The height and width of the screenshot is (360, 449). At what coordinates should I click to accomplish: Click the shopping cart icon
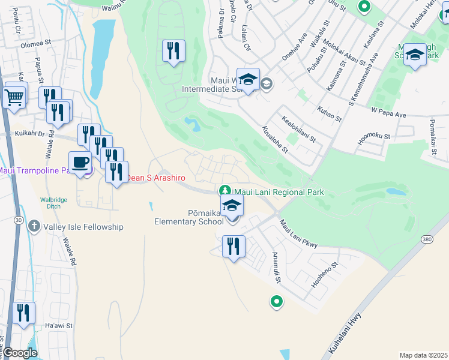tap(15, 96)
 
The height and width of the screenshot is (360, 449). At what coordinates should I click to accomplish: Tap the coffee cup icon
tap(80, 161)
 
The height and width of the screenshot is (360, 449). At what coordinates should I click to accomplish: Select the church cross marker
tap(35, 227)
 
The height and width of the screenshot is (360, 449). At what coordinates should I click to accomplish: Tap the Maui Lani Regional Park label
tap(279, 192)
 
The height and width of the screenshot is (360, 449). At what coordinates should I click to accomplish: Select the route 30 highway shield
tap(19, 221)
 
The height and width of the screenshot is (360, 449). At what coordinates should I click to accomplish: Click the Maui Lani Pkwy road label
tap(298, 233)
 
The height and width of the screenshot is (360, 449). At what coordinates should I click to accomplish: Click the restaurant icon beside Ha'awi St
tap(23, 313)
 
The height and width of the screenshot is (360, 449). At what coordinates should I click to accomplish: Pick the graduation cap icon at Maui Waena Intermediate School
tap(248, 79)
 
